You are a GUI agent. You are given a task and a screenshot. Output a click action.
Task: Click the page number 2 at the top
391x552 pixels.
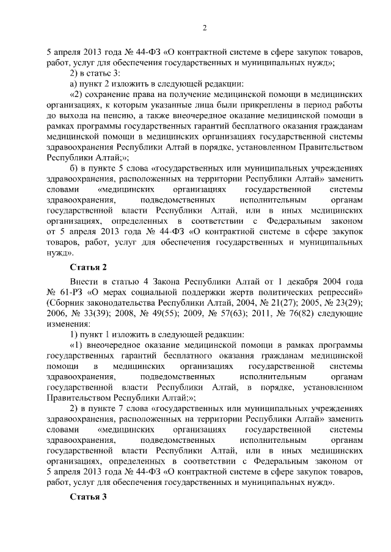(x=205, y=27)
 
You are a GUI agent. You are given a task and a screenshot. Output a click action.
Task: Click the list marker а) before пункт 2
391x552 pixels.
(x=73, y=84)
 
